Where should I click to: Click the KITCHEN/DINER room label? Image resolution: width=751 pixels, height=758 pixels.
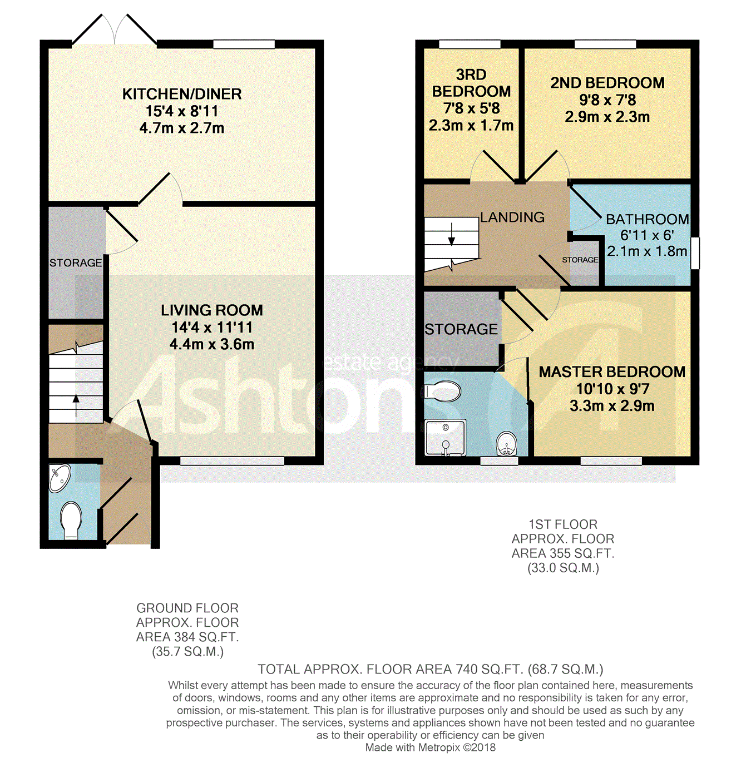(x=181, y=94)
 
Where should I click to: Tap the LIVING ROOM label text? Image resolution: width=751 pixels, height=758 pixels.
(x=212, y=310)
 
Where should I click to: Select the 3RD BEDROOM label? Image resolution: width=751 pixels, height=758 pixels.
(x=471, y=83)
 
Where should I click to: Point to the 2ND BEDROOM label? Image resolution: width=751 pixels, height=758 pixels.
(x=607, y=83)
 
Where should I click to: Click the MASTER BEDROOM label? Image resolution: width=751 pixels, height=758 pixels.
(x=612, y=371)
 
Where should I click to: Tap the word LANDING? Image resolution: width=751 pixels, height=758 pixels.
(x=512, y=217)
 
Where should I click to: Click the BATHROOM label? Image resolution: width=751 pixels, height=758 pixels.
(x=647, y=219)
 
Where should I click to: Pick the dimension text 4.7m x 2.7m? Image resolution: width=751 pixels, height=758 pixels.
(x=181, y=128)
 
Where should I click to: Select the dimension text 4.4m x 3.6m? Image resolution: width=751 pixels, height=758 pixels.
(x=212, y=345)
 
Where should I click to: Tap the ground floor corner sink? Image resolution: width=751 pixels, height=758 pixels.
(x=59, y=478)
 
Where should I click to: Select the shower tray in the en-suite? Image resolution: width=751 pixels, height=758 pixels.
(x=446, y=438)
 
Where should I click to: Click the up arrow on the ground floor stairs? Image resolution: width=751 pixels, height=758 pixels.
(x=76, y=405)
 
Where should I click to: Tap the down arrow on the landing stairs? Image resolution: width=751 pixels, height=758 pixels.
(x=452, y=234)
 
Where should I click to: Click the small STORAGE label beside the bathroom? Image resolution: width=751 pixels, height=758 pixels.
(x=580, y=260)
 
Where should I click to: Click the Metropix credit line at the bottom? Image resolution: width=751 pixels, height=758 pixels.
(x=430, y=747)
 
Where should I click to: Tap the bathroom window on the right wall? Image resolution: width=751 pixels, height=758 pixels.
(x=695, y=253)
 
